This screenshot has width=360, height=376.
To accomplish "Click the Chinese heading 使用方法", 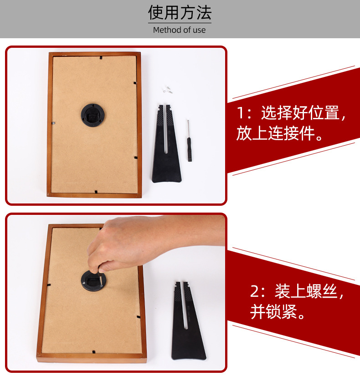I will [180, 13].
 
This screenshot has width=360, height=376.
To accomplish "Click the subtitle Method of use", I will [179, 30].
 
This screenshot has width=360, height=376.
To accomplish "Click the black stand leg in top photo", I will [166, 146].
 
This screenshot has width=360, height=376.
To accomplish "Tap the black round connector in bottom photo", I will [94, 281].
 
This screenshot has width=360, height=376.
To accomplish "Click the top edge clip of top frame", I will [100, 58].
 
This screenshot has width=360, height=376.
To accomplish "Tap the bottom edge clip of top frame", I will [95, 192].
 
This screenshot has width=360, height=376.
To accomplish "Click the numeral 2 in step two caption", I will [255, 291].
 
